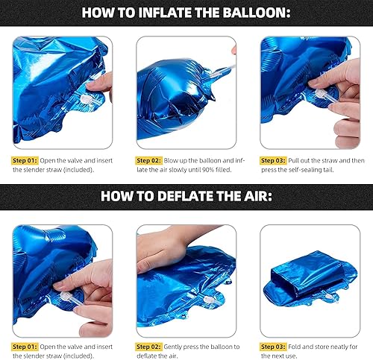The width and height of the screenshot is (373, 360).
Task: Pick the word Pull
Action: coord(299,160)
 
